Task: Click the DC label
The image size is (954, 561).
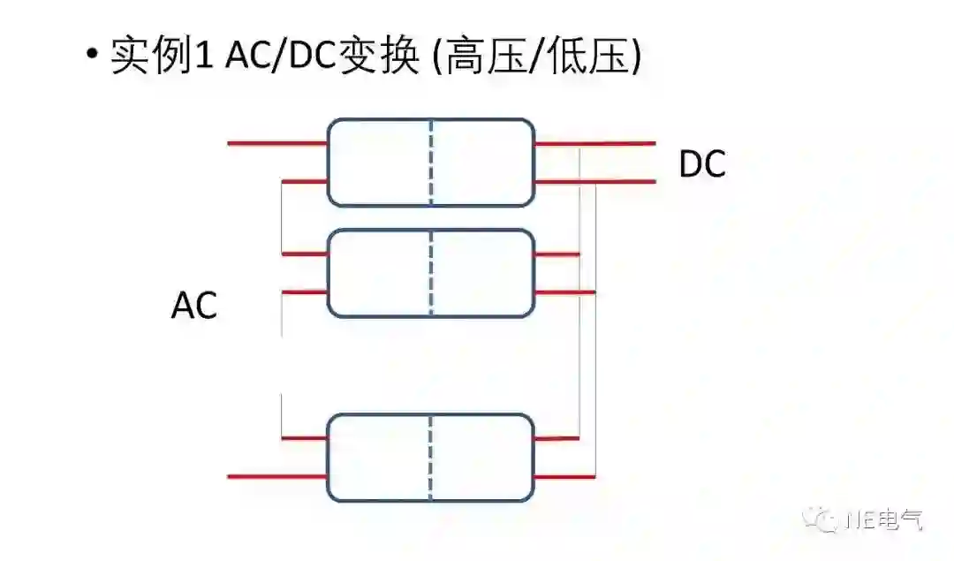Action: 702,165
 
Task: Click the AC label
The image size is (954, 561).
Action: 194,307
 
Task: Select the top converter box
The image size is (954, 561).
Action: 380,163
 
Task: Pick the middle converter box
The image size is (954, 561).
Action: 380,273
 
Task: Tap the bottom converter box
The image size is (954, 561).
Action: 380,457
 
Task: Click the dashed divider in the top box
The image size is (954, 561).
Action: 431,163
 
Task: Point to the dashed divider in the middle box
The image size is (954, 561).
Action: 431,273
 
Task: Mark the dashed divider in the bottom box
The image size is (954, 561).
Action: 431,457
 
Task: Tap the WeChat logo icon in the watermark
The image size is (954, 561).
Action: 829,519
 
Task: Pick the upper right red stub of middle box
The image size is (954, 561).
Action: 557,254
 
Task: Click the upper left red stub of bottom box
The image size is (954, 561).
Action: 304,437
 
